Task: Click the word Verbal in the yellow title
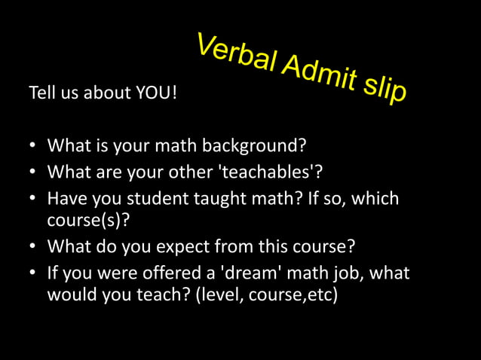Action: tap(234, 52)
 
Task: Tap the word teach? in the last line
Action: tap(163, 294)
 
